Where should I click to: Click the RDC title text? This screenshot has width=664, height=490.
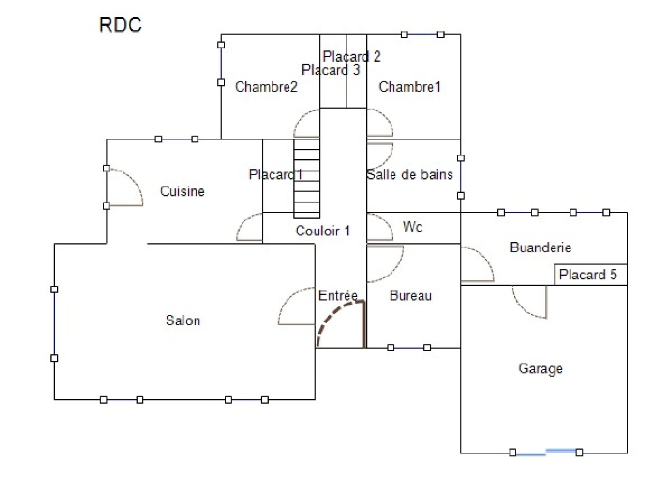click(120, 24)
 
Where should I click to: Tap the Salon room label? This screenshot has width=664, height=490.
click(183, 321)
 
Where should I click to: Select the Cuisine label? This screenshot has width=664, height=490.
click(182, 191)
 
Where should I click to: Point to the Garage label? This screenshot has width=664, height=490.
click(540, 368)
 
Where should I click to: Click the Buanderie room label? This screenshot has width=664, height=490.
click(540, 248)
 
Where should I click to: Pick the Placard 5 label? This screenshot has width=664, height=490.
click(587, 274)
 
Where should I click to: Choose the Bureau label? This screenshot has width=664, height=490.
click(411, 296)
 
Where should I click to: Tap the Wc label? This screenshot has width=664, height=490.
click(412, 226)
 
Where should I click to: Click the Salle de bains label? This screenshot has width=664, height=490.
click(410, 175)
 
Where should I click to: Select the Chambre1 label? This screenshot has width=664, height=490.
click(409, 87)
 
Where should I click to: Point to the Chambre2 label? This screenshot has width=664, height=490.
click(266, 87)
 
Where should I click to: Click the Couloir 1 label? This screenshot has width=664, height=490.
click(323, 231)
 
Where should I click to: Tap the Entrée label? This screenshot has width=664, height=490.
click(338, 296)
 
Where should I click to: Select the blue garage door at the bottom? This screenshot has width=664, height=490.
click(546, 452)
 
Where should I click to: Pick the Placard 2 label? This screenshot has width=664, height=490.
click(351, 57)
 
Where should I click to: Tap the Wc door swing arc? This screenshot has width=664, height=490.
click(381, 227)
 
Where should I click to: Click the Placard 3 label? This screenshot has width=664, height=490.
click(330, 70)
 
